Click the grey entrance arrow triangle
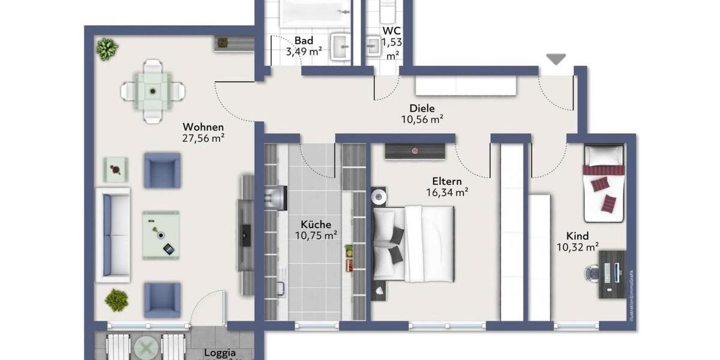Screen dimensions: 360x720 tap(556, 59)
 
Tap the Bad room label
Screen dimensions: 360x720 tap(304, 41)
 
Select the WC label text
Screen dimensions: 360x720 tap(392, 30)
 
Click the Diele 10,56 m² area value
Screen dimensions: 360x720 tap(422, 119)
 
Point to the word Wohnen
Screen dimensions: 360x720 tap(203, 127)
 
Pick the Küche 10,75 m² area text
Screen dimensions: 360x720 tap(316, 235)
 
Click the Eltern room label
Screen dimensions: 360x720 tap(447, 181)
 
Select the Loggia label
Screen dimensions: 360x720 tap(219, 353)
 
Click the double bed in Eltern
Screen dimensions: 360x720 tap(414, 244)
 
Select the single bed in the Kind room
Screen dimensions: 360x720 tap(604, 182)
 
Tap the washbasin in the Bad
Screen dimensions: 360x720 tap(341, 46)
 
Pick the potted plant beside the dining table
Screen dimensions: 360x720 tap(107, 49)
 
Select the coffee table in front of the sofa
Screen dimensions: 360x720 tap(161, 235)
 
